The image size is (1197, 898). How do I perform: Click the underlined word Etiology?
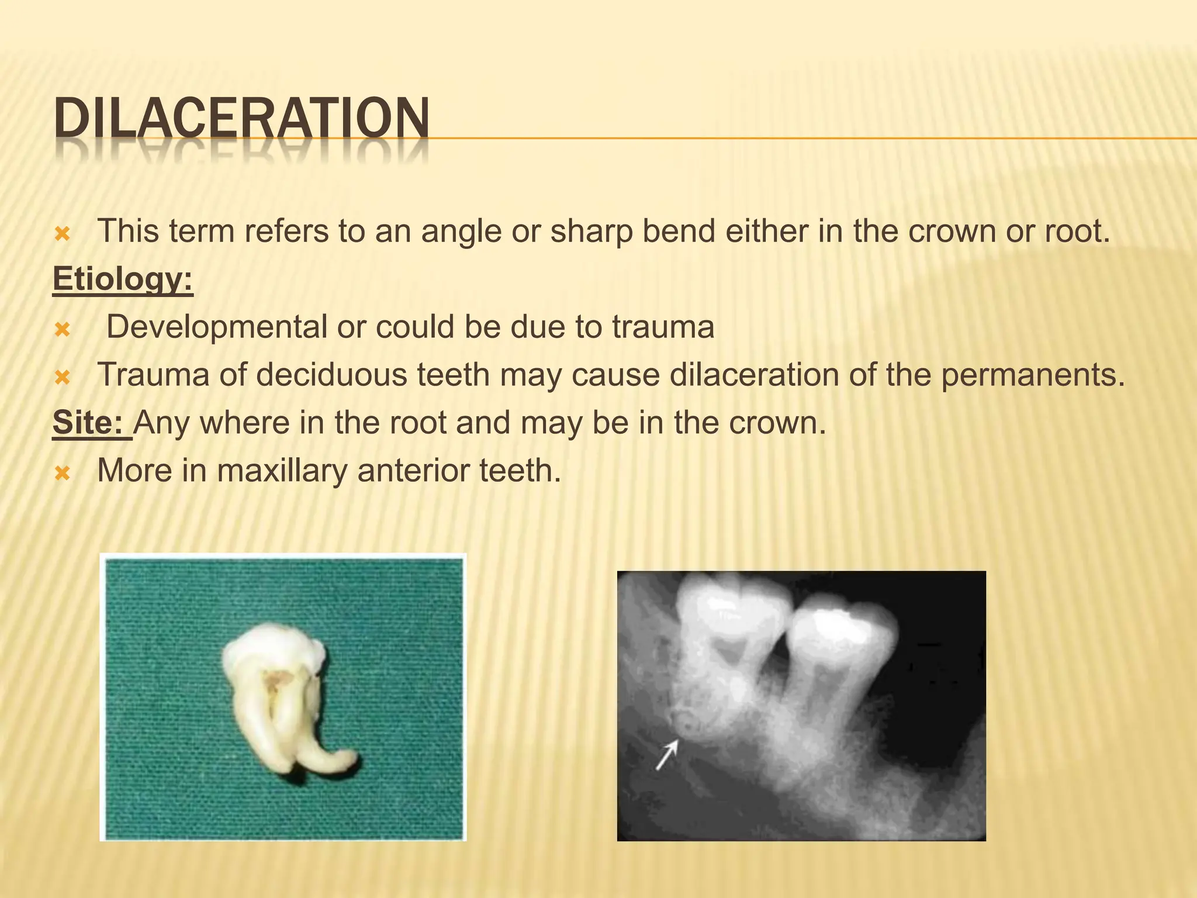(x=123, y=279)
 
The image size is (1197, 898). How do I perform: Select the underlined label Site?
(x=90, y=422)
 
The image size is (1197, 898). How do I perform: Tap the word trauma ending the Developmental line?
(x=663, y=327)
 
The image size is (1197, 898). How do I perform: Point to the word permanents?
(x=1032, y=375)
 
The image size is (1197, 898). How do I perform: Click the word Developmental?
(x=216, y=327)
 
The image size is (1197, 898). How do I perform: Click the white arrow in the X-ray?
(x=667, y=754)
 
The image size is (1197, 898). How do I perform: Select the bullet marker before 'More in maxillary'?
(x=62, y=473)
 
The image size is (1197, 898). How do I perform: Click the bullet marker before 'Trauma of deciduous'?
(x=62, y=378)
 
